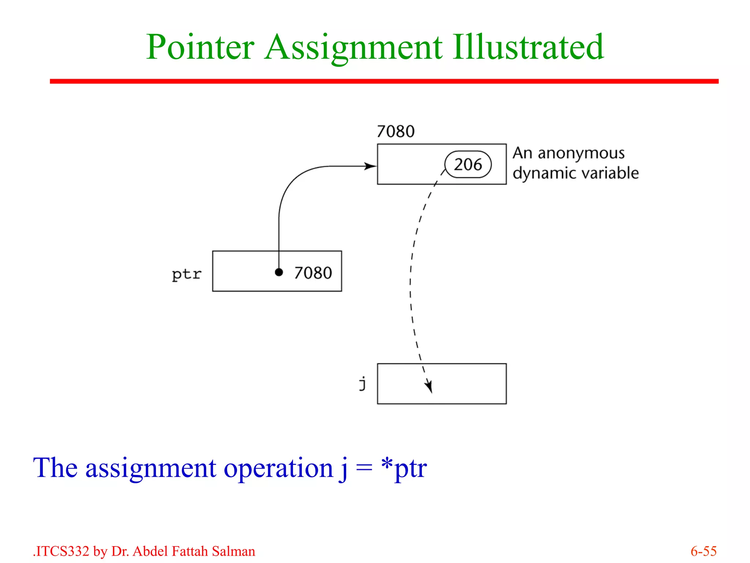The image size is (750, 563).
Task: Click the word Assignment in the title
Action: pos(353,48)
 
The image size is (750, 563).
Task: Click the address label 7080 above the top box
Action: pos(396,131)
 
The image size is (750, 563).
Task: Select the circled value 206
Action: pos(468,165)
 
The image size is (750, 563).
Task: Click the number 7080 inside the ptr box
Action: pos(313,273)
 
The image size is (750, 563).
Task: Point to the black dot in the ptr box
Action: pos(279,272)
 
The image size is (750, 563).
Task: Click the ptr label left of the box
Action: pos(186,274)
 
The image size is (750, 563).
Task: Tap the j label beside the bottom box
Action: pos(363,383)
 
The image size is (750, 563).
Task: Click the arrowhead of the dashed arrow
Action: pos(429,387)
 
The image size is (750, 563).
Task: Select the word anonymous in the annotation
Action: pos(581,153)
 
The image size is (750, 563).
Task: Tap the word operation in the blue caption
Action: pos(278,468)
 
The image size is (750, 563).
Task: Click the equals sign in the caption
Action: pos(364,468)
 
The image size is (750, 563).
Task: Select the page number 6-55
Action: pos(703,551)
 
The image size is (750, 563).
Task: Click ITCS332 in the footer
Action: pos(62,551)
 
